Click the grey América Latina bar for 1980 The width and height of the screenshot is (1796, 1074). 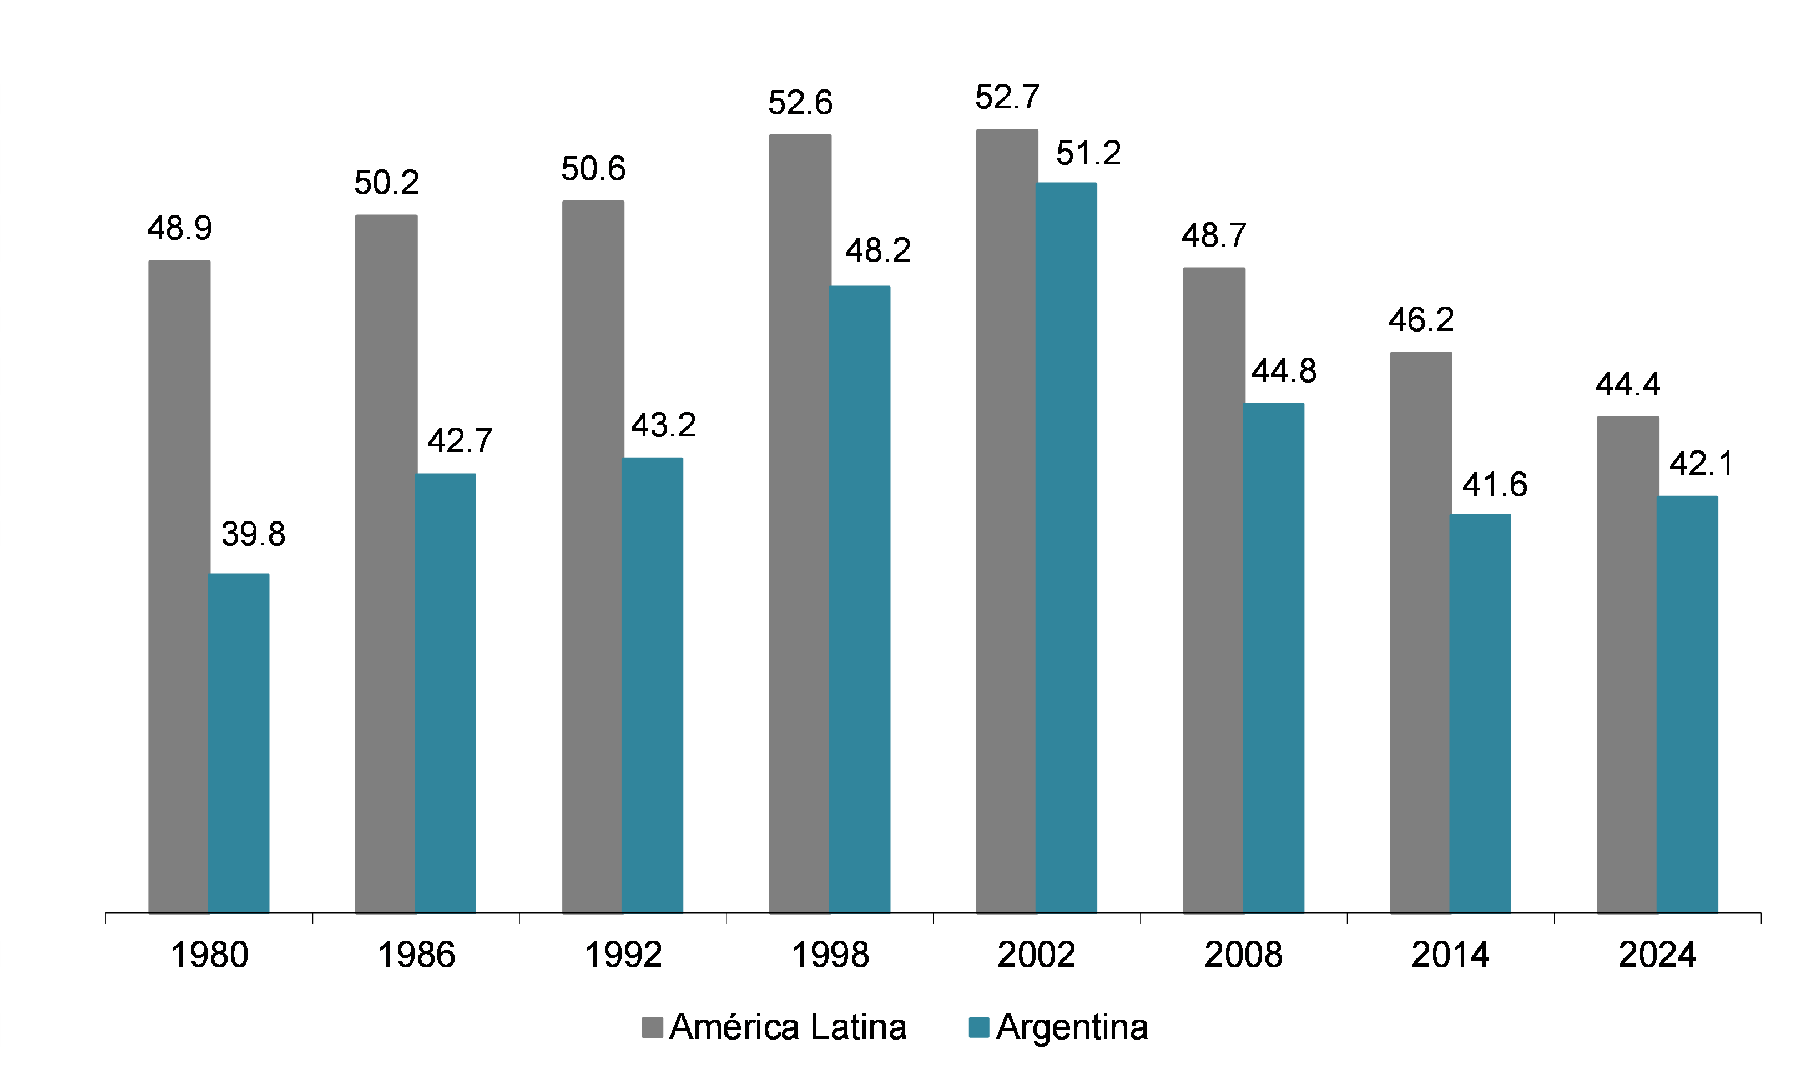pyautogui.click(x=179, y=586)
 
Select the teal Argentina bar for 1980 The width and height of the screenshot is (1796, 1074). pyautogui.click(x=239, y=743)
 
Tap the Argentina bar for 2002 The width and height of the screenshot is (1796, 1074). pyautogui.click(x=1066, y=548)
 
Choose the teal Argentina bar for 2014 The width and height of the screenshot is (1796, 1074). pyautogui.click(x=1480, y=714)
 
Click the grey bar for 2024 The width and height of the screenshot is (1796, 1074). pyautogui.click(x=1627, y=664)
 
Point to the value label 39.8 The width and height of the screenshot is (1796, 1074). pyautogui.click(x=253, y=534)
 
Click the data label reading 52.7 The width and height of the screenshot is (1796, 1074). pyautogui.click(x=1007, y=97)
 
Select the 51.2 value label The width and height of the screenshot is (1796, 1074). pyautogui.click(x=1088, y=153)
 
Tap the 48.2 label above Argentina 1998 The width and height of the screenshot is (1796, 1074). pyautogui.click(x=877, y=250)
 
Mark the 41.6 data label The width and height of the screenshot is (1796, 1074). pyautogui.click(x=1495, y=484)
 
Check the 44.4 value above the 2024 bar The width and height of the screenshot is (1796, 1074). pyautogui.click(x=1627, y=384)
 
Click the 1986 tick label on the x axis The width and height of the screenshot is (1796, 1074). pyautogui.click(x=416, y=955)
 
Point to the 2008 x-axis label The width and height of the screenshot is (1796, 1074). pyautogui.click(x=1243, y=955)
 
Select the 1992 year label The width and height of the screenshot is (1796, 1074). pyautogui.click(x=623, y=955)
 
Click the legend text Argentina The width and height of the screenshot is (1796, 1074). pyautogui.click(x=1072, y=1027)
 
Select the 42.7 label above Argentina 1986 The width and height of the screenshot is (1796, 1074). pyautogui.click(x=460, y=440)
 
